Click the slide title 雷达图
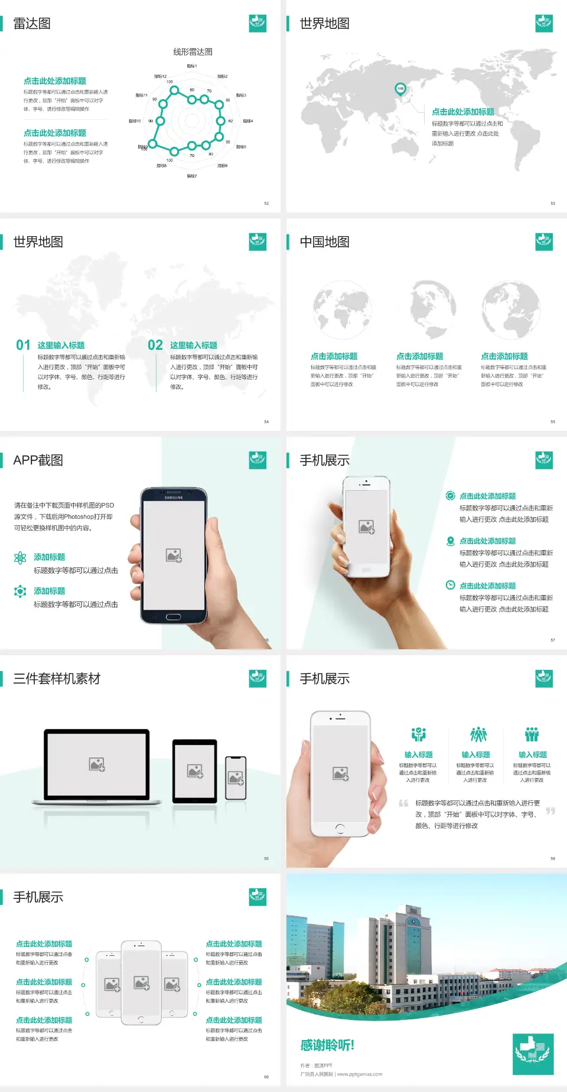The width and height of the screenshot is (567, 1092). point(32,24)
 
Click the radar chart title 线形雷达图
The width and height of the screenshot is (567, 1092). point(193,52)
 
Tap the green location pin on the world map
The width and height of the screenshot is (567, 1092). point(400,89)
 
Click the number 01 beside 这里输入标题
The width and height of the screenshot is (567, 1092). point(23,345)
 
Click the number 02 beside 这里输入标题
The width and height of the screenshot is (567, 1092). point(155,345)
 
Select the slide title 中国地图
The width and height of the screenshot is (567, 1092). point(324,242)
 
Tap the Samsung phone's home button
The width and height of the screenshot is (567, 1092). point(173,617)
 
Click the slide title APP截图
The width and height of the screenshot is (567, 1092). point(38,460)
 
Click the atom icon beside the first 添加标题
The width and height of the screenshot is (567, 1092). point(20,558)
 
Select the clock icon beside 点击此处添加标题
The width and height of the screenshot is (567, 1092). point(450,585)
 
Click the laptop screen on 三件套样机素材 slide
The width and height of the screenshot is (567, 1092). point(97,764)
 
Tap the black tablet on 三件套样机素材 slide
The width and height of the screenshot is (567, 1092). point(195,771)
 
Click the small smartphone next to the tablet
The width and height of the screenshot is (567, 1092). point(236,778)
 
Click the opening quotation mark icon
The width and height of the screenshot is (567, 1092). point(403,803)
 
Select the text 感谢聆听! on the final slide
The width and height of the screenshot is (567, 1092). point(327,1045)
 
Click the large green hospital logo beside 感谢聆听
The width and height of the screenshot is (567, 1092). point(533,1054)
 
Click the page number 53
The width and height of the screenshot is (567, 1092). point(553,204)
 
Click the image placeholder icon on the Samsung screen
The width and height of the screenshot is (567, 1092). point(174,555)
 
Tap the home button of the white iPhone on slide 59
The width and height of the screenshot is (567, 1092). point(340,829)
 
